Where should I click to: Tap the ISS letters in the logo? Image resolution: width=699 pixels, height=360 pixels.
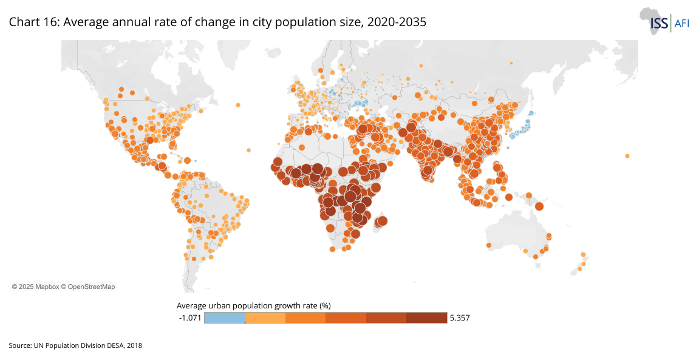[659, 23]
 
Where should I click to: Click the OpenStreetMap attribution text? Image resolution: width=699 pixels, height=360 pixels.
[91, 286]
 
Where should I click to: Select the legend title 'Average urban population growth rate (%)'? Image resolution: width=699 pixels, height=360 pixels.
[253, 305]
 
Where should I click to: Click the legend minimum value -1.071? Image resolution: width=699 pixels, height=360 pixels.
[190, 318]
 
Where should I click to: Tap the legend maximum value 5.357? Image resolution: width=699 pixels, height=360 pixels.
[460, 318]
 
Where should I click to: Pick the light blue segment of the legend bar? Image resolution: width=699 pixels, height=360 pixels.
[225, 318]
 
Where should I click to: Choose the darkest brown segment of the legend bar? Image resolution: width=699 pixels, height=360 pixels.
[426, 318]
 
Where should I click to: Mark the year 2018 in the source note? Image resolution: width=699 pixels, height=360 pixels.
[134, 345]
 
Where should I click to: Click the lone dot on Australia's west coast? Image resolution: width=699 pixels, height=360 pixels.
[489, 245]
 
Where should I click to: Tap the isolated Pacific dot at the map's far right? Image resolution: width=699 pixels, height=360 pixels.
[627, 156]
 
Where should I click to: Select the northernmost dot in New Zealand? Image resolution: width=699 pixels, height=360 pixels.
[583, 254]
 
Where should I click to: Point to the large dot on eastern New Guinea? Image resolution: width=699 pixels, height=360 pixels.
[539, 206]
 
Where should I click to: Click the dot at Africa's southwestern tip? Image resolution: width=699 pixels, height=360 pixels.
[332, 250]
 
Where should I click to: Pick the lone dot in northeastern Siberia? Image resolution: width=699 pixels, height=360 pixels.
[511, 63]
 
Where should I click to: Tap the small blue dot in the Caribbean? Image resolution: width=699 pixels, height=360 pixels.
[195, 160]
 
